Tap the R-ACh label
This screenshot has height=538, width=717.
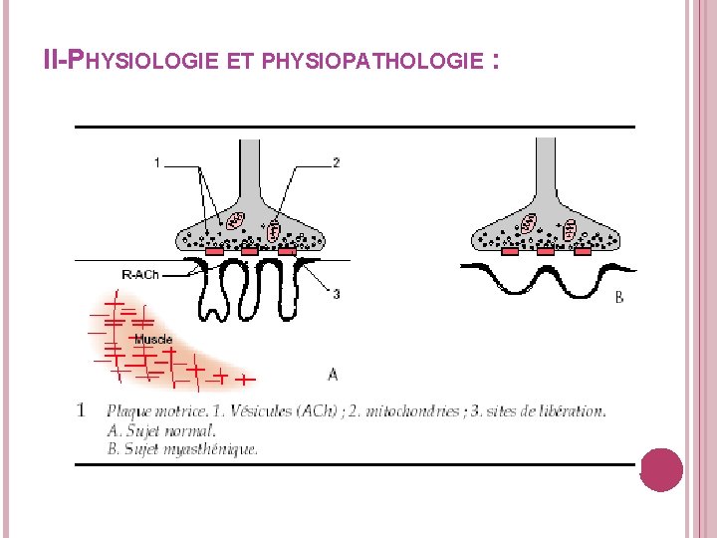tap(139, 274)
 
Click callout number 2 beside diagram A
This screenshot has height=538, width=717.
tap(337, 162)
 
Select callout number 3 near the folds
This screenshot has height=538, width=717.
tap(337, 294)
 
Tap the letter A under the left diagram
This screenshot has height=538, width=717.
tap(333, 375)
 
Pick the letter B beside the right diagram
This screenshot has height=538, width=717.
tap(619, 297)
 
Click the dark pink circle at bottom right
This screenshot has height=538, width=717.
tap(661, 469)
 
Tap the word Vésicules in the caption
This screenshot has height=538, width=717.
tap(220, 410)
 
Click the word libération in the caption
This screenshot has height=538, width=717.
tap(573, 410)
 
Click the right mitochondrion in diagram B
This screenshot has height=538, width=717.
tap(570, 230)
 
